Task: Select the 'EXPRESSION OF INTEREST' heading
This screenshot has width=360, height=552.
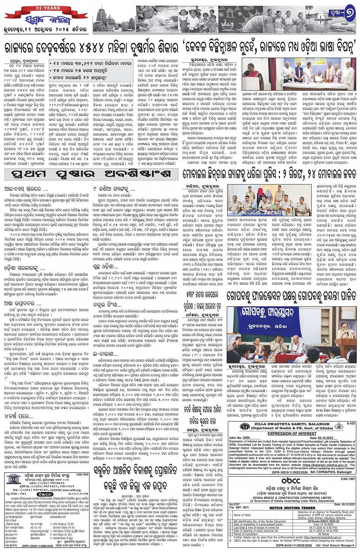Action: tap(292, 434)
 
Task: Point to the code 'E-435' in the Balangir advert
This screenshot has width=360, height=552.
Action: tap(351, 423)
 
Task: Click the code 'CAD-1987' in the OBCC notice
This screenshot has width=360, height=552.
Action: tap(347, 479)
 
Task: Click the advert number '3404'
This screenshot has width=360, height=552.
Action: tap(247, 438)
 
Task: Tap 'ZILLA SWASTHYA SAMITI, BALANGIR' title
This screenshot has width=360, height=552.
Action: tap(293, 424)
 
